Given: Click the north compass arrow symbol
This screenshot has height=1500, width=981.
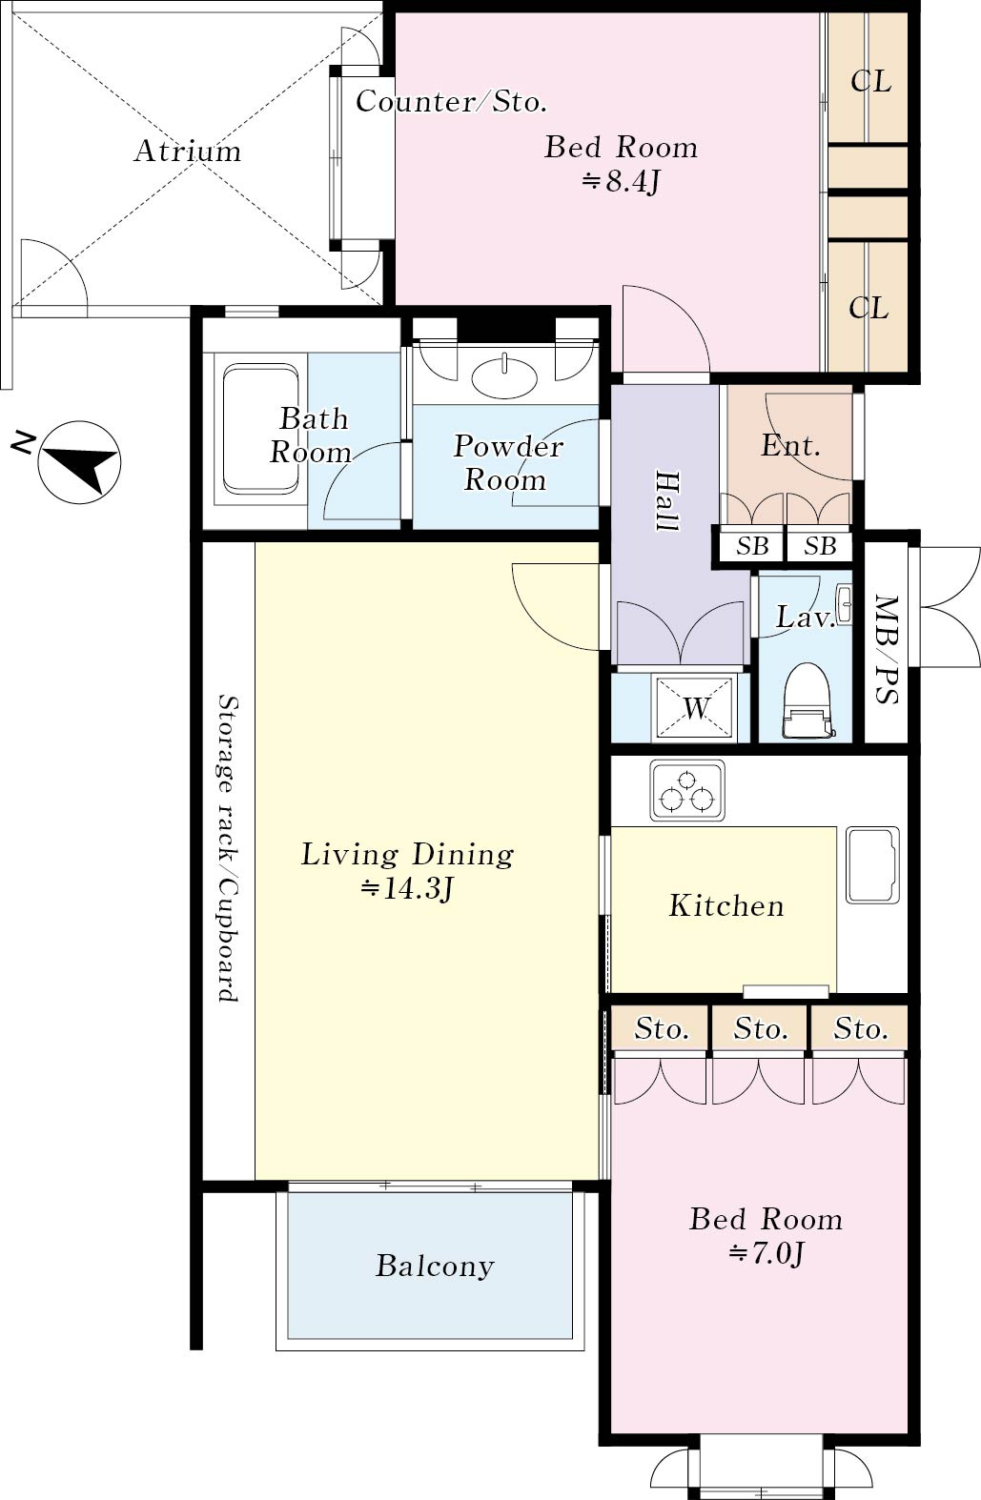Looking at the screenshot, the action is coord(79,461).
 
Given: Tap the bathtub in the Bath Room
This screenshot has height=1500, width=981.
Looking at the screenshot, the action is coord(260,428).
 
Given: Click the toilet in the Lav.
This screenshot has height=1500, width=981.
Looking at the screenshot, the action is coord(807,699).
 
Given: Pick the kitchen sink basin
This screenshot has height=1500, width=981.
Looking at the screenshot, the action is coord(872,864).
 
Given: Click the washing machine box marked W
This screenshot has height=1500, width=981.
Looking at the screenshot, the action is coord(693,707).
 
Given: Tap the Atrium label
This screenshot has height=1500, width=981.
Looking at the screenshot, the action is coord(188,151).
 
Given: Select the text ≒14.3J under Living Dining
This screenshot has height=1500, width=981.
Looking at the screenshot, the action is coord(407,889).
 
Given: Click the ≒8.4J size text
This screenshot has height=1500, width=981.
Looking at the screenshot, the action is coord(622,181).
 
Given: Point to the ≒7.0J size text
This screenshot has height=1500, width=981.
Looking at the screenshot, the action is coord(766,1253).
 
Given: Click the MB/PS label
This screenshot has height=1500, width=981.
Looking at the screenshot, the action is coord(887,649).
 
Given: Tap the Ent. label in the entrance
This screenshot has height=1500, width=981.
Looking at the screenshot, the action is coord(790,445).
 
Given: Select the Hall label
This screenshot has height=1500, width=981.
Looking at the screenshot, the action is coord(667,501).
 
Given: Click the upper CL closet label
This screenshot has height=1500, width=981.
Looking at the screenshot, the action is coord(871,82).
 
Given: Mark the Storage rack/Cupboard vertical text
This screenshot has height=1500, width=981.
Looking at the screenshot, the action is coord(229,848).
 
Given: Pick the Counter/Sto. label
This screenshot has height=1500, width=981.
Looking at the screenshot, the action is coord(451,102).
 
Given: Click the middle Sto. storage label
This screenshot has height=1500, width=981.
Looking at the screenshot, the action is coord(760,1028).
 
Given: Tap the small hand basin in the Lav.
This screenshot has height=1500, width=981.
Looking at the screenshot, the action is coord(845,605).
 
